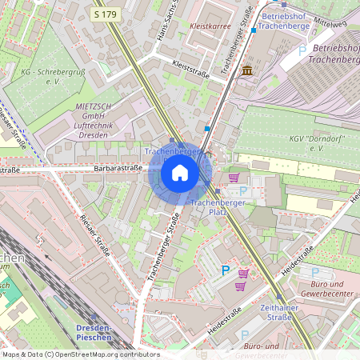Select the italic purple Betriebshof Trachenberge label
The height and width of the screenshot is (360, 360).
(x=333, y=54)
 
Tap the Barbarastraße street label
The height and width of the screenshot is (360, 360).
(x=118, y=168)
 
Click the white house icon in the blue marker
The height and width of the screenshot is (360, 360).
(x=180, y=173)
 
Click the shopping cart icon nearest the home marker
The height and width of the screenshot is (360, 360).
(x=234, y=178)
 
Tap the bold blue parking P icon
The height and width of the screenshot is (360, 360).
(x=225, y=271)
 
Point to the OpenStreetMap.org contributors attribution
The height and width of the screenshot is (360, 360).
(x=80, y=354)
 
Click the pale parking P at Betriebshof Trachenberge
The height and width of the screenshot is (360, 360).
(x=302, y=50)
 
